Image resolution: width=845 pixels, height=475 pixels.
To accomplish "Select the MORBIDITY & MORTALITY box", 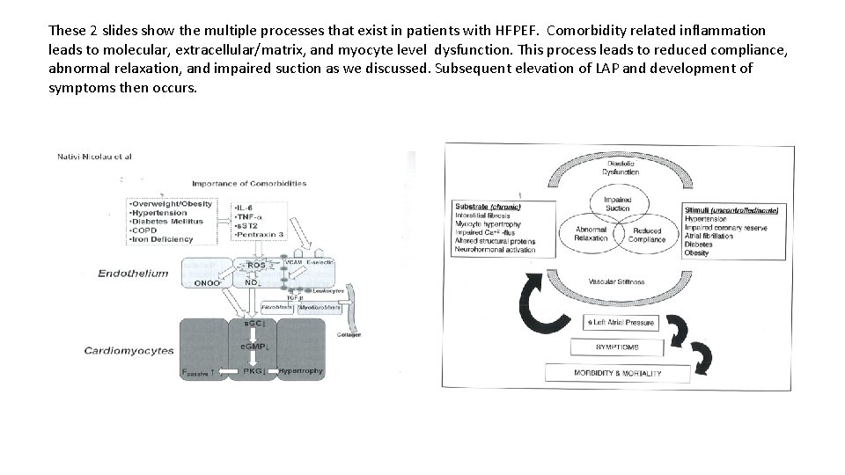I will [x=616, y=373].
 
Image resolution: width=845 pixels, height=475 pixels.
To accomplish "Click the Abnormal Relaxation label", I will [x=591, y=235].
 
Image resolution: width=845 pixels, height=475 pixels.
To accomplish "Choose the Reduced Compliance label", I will [x=646, y=235].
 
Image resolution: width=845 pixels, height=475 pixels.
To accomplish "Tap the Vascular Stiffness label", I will [x=617, y=281].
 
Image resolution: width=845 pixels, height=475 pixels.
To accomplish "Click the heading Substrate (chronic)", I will [x=488, y=207].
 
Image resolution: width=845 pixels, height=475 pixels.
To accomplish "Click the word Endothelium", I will [x=134, y=274].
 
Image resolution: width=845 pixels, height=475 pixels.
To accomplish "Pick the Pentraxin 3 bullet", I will [x=261, y=237].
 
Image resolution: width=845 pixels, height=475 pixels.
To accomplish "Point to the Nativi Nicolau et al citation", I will [x=94, y=156].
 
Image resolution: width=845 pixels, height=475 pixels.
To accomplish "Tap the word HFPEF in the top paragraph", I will [x=523, y=30].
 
